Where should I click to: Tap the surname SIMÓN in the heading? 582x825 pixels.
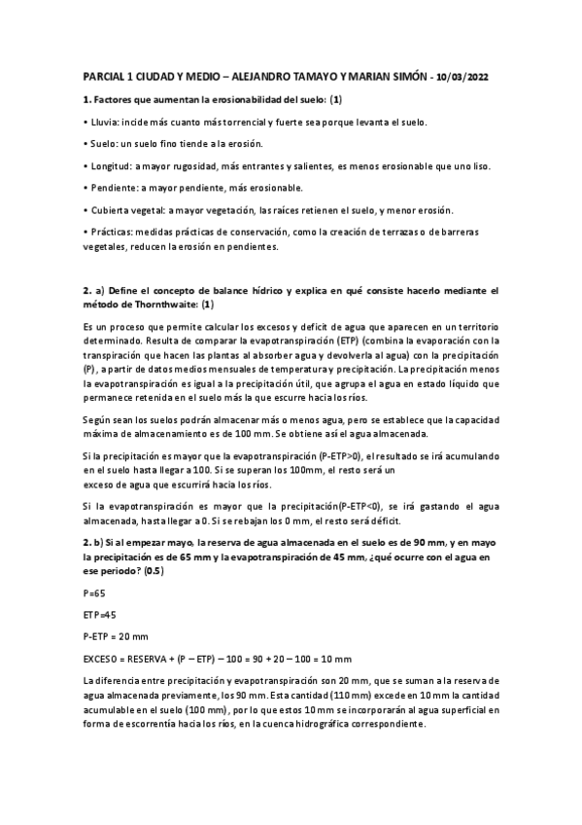point(397,77)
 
